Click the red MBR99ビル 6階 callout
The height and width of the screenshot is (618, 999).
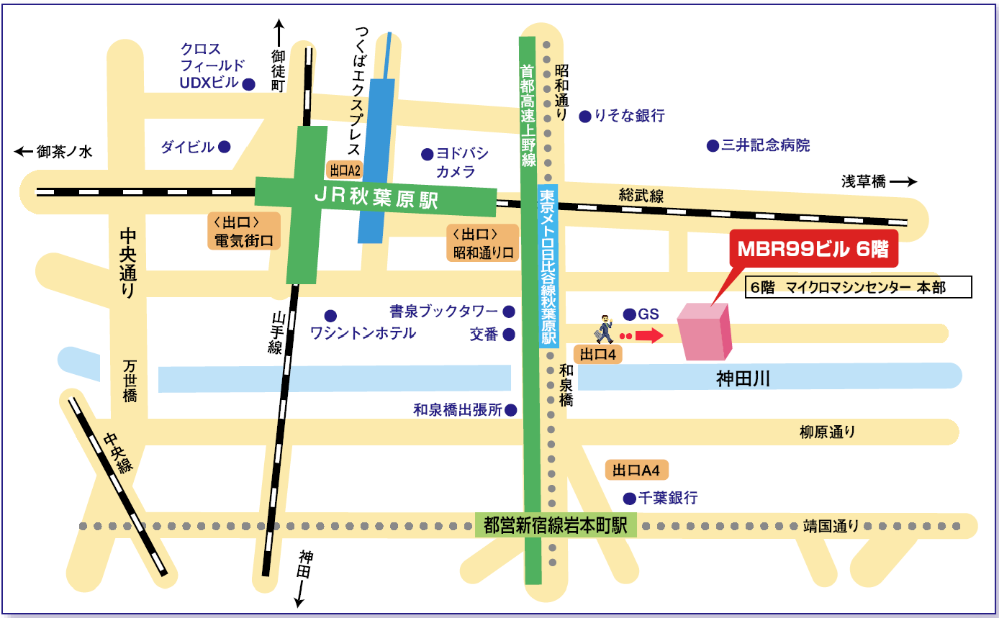[813, 249]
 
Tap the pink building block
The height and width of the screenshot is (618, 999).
[704, 332]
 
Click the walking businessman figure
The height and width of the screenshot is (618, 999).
[604, 329]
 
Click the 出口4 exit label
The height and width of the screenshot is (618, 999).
[597, 355]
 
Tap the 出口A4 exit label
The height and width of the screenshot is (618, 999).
[636, 470]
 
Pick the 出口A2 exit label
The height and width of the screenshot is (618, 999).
[344, 170]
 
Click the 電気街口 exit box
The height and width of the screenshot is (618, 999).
[244, 231]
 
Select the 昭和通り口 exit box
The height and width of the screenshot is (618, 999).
[483, 243]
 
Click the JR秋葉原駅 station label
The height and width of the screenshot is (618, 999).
[377, 198]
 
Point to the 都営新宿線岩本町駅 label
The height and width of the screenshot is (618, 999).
[556, 524]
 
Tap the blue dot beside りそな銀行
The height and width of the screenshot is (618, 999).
[585, 117]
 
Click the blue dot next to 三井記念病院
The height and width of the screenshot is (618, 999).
[713, 145]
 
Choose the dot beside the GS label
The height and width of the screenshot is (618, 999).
[629, 314]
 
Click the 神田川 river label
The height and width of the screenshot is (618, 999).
[743, 378]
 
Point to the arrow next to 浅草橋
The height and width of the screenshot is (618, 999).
[903, 181]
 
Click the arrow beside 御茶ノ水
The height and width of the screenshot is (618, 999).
[23, 152]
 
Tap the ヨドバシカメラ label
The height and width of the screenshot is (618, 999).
[462, 163]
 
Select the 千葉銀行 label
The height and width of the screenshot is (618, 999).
[668, 498]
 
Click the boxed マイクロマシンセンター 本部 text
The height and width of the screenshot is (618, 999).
[859, 287]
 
